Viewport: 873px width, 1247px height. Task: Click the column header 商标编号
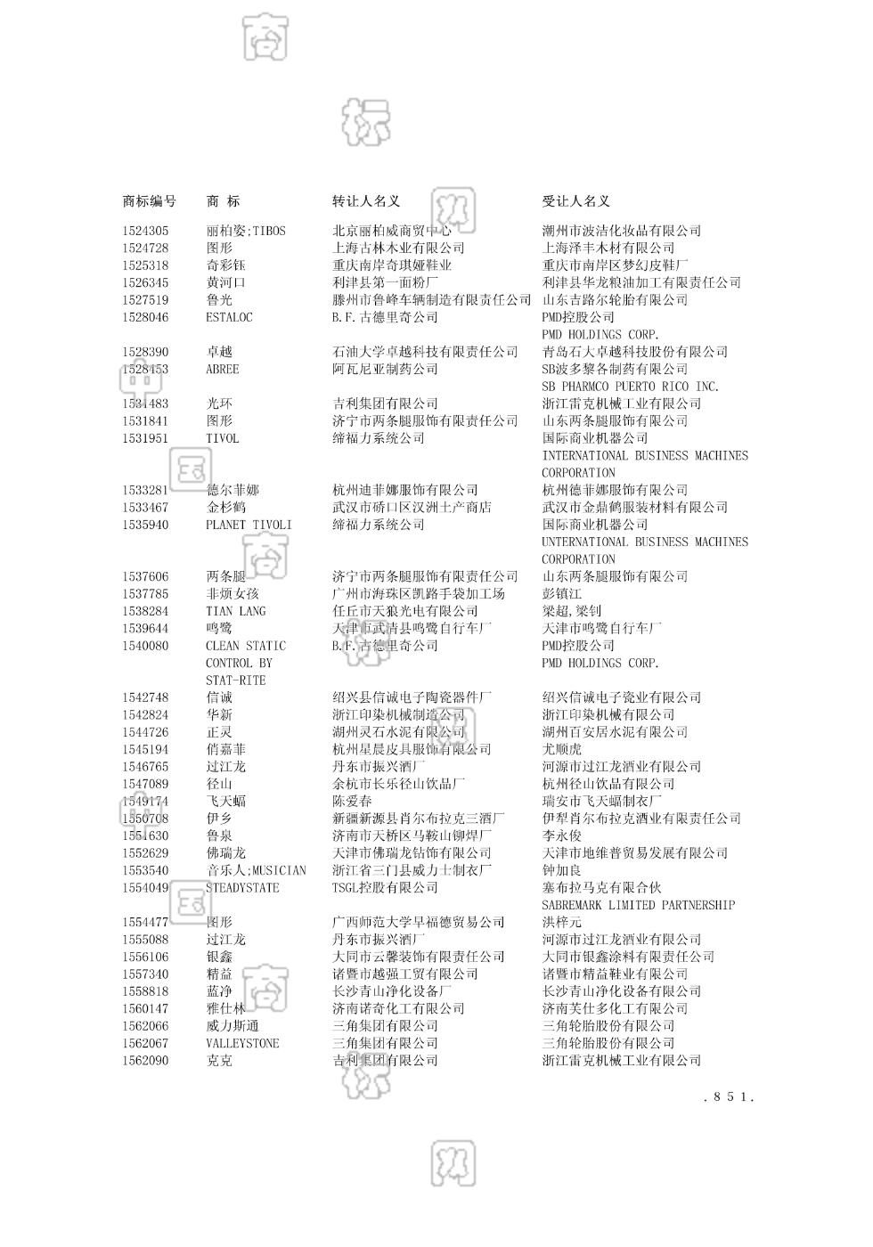pyautogui.click(x=149, y=201)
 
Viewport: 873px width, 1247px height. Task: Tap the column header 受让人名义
pyautogui.click(x=575, y=201)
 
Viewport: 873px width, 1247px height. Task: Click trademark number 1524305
pyautogui.click(x=145, y=231)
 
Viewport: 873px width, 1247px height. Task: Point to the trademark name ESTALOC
pyautogui.click(x=229, y=317)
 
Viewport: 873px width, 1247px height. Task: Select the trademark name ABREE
pyautogui.click(x=222, y=369)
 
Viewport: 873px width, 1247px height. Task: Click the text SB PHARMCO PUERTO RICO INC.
pyautogui.click(x=630, y=387)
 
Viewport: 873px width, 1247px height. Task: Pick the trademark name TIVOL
pyautogui.click(x=222, y=438)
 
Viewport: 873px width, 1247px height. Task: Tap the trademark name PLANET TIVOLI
pyautogui.click(x=249, y=525)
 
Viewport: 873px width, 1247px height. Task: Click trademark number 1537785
pyautogui.click(x=145, y=593)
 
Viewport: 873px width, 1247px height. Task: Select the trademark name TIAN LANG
pyautogui.click(x=235, y=611)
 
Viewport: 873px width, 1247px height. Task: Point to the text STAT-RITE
pyautogui.click(x=235, y=681)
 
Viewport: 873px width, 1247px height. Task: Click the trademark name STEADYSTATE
pyautogui.click(x=242, y=888)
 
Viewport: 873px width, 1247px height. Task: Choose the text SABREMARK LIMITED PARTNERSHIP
pyautogui.click(x=638, y=905)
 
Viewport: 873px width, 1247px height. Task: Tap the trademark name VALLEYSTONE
pyautogui.click(x=242, y=1043)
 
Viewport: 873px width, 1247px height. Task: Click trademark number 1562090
pyautogui.click(x=145, y=1061)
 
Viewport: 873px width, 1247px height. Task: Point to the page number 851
pyautogui.click(x=728, y=1097)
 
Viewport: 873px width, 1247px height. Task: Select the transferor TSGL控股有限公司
pyautogui.click(x=385, y=888)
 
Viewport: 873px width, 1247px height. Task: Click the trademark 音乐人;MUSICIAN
pyautogui.click(x=256, y=870)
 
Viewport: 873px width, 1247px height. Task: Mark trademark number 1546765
pyautogui.click(x=145, y=767)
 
